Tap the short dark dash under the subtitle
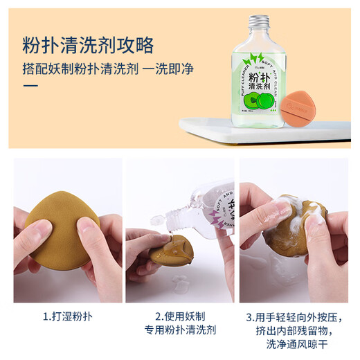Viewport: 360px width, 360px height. click(31, 86)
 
